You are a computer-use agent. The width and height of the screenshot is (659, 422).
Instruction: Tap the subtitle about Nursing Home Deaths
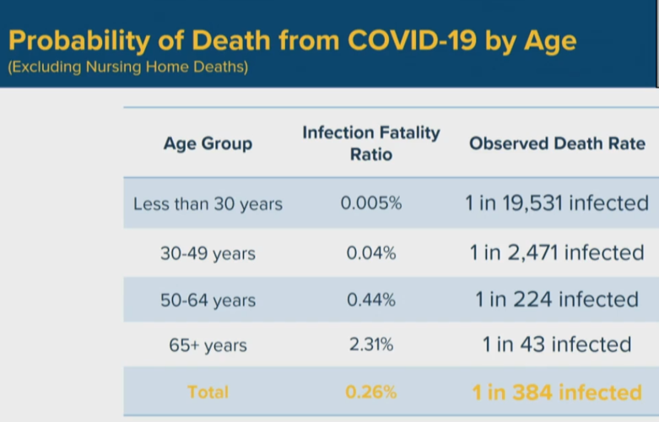(127, 68)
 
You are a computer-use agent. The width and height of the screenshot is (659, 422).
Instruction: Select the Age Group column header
(208, 143)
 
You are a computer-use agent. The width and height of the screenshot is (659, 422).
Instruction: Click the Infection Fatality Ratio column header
(371, 143)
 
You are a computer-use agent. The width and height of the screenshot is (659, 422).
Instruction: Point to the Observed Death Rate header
(557, 143)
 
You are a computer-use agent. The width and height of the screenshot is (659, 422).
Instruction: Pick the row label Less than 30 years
(208, 204)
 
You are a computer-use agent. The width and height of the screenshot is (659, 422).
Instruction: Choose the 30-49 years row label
(208, 253)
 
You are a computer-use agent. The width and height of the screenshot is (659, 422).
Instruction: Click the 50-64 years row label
(208, 300)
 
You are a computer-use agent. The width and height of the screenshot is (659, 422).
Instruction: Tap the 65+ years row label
(208, 346)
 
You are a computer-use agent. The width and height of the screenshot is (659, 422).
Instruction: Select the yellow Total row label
(208, 392)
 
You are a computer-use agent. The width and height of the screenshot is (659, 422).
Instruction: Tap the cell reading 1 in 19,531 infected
(557, 203)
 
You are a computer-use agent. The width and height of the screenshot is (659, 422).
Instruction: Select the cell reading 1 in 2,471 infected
(557, 252)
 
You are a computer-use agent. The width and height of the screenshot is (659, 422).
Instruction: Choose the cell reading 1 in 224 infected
(557, 300)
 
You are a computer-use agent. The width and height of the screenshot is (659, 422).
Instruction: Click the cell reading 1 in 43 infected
(557, 345)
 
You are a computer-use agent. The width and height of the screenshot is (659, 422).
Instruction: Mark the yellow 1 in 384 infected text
(557, 392)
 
